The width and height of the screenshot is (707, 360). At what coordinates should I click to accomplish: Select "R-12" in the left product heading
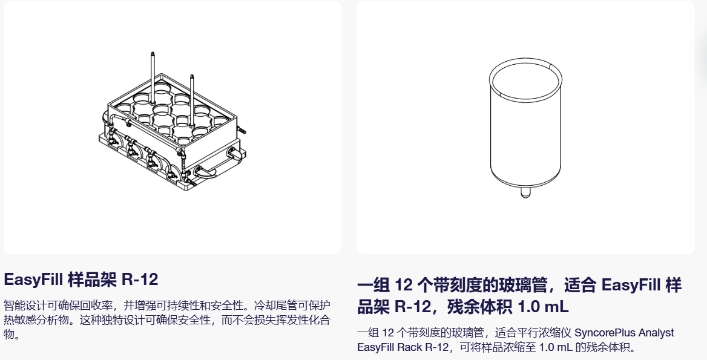click(x=140, y=280)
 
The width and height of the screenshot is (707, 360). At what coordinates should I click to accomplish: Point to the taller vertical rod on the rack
click(x=153, y=77)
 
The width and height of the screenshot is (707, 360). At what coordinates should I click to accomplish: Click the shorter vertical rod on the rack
click(x=192, y=100)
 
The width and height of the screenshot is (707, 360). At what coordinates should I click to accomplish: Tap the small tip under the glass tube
click(x=525, y=193)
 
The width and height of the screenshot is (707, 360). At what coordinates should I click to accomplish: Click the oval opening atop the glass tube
click(x=526, y=79)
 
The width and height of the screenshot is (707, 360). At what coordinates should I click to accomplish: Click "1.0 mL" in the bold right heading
click(x=543, y=307)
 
